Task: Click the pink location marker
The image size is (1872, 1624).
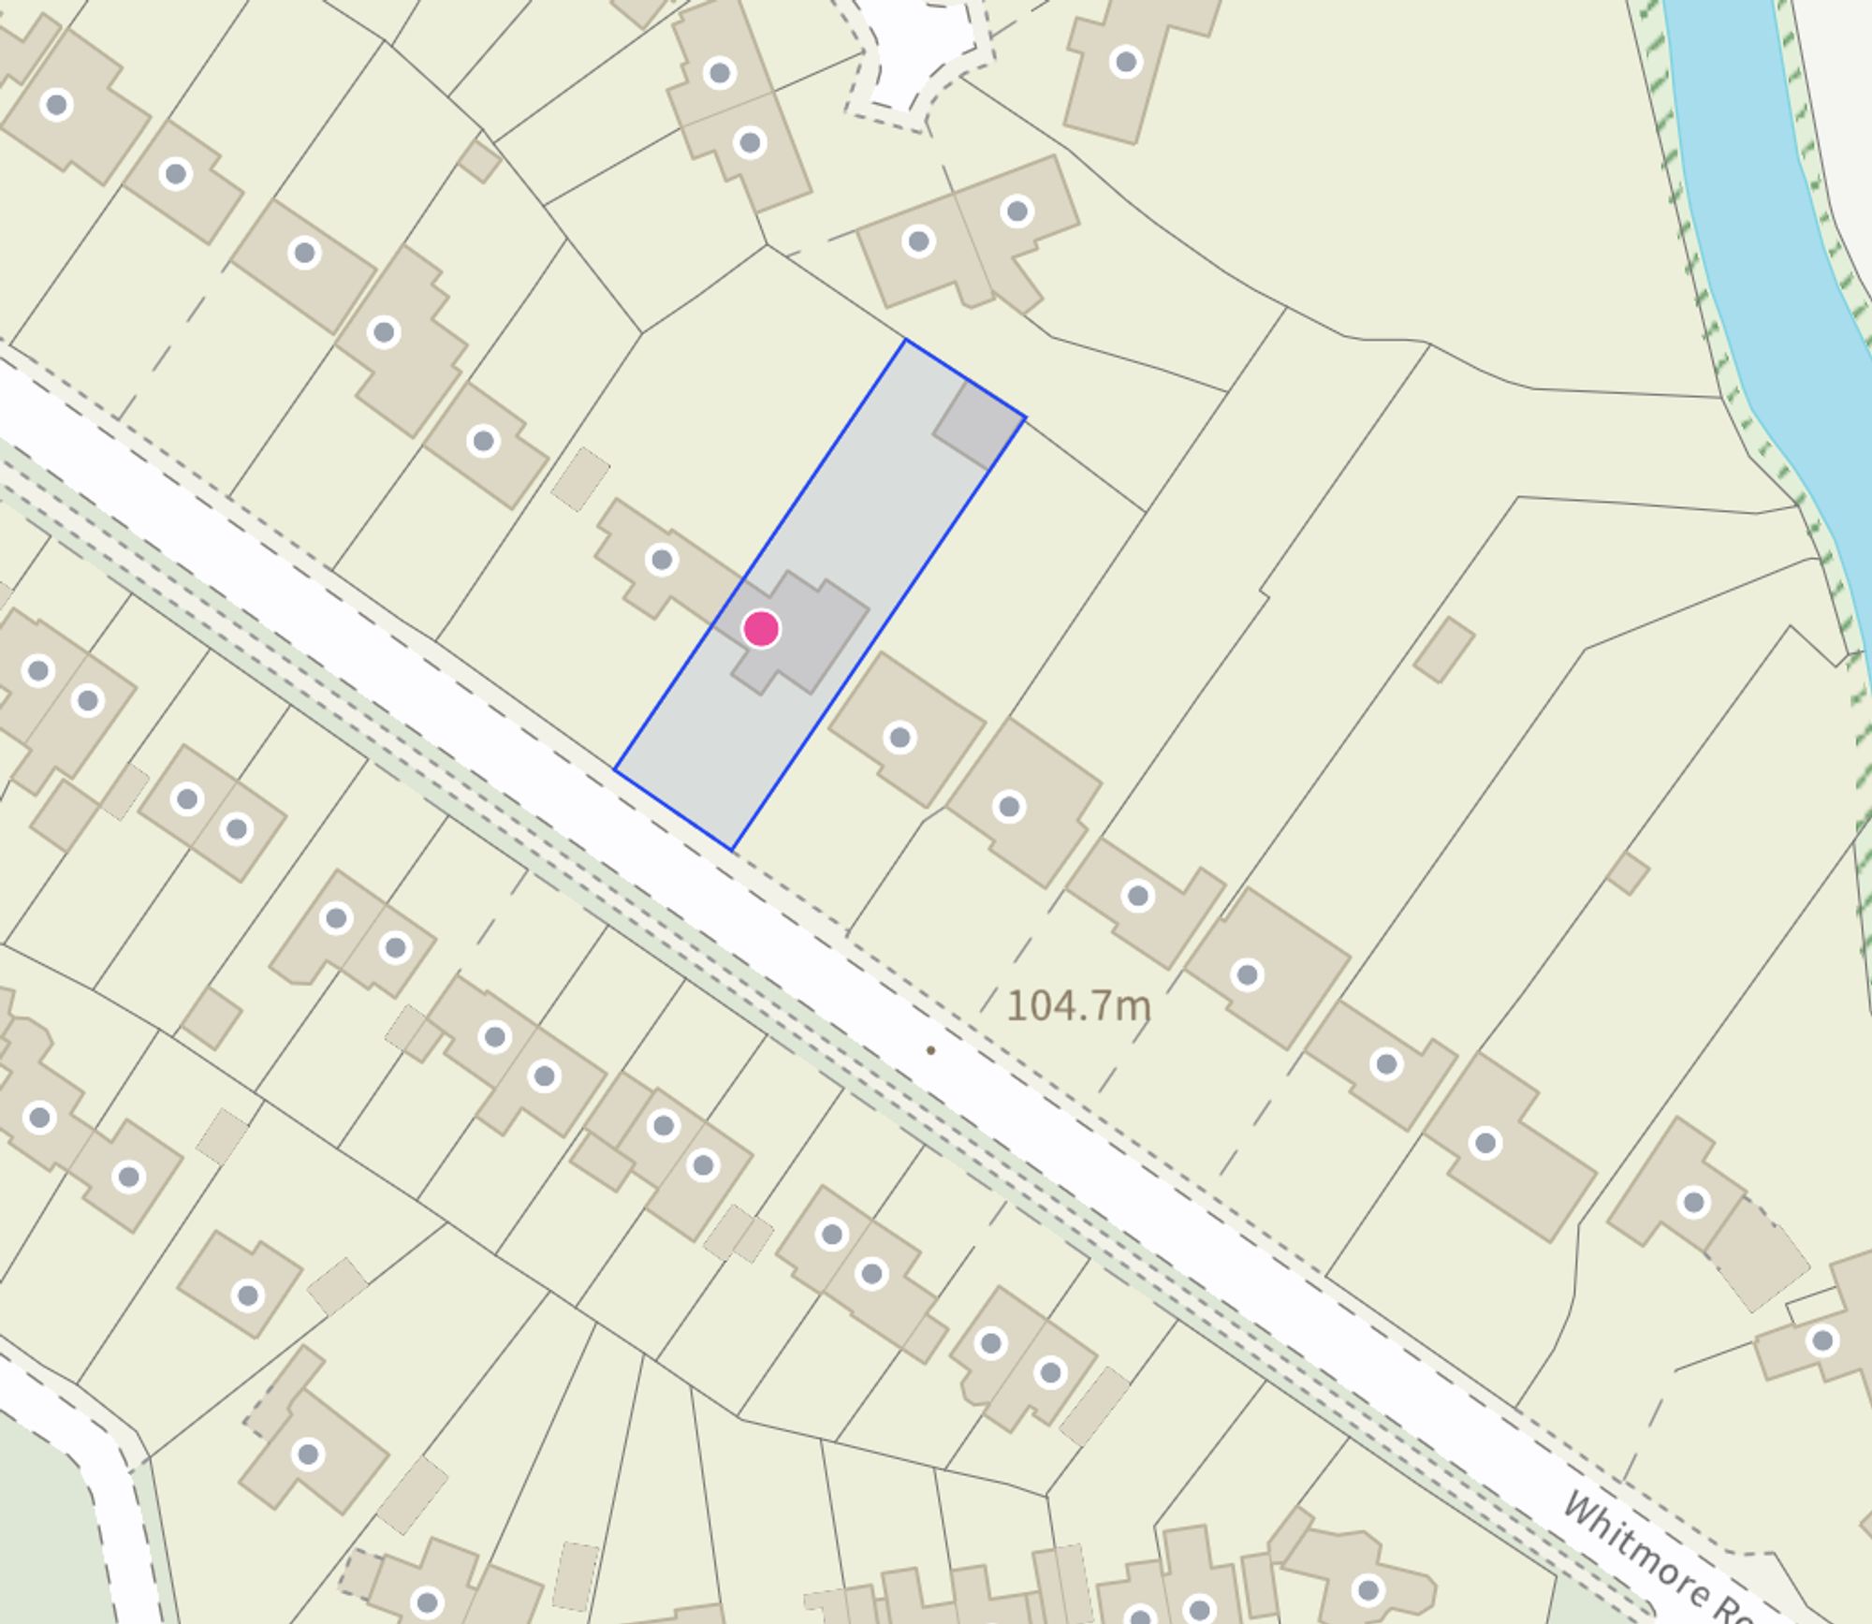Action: [761, 629]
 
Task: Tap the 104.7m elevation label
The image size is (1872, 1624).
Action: [1078, 1006]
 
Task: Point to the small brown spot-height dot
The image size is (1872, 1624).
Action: [930, 1050]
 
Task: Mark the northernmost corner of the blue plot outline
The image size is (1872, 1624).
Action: [905, 340]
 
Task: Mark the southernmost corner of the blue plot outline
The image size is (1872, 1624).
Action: [732, 849]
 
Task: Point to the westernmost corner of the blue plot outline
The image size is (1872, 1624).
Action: [615, 769]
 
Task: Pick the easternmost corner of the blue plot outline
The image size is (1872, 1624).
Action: [1025, 417]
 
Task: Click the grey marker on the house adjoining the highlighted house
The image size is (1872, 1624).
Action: [662, 560]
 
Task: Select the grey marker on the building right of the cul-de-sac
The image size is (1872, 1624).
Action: [1125, 63]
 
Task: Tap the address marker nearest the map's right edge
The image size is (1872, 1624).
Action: [1822, 1341]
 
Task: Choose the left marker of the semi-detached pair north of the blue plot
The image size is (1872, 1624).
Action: [918, 241]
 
